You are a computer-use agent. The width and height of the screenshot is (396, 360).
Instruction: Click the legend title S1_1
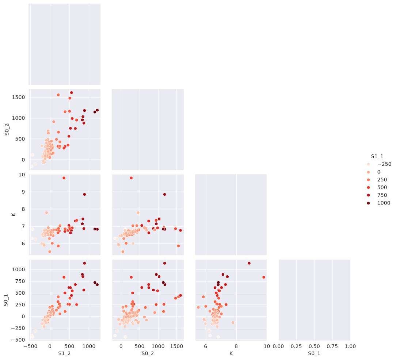point(377,157)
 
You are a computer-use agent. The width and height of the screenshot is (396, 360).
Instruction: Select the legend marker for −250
point(369,164)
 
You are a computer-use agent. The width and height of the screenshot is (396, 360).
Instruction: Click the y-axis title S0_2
point(7,130)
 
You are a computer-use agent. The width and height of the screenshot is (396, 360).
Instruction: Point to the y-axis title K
point(14,215)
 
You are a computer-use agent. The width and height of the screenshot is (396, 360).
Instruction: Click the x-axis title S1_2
point(64,354)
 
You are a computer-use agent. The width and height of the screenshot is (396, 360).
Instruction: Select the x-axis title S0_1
point(314,354)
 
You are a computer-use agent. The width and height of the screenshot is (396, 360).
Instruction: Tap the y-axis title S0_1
point(6,300)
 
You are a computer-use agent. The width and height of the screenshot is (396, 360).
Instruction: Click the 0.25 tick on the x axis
point(296,346)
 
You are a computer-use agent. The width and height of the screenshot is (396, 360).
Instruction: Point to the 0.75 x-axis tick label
point(332,346)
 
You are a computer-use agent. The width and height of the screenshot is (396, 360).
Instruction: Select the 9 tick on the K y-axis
point(23,192)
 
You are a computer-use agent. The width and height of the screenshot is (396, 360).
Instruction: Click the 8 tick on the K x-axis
point(236,346)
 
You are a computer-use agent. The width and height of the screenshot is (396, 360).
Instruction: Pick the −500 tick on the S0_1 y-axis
point(18,340)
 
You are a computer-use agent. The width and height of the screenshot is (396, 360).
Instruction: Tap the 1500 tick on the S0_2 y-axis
point(18,97)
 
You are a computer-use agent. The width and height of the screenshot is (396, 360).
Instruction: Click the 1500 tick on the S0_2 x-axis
point(176,346)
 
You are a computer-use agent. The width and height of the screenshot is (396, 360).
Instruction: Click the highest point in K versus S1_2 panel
point(64,178)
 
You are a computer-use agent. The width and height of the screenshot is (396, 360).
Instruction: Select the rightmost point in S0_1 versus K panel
point(264,277)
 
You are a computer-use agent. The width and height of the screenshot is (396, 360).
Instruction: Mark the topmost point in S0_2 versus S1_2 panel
point(71,93)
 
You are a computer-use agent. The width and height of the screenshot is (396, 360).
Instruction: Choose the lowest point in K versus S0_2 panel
point(123,252)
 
